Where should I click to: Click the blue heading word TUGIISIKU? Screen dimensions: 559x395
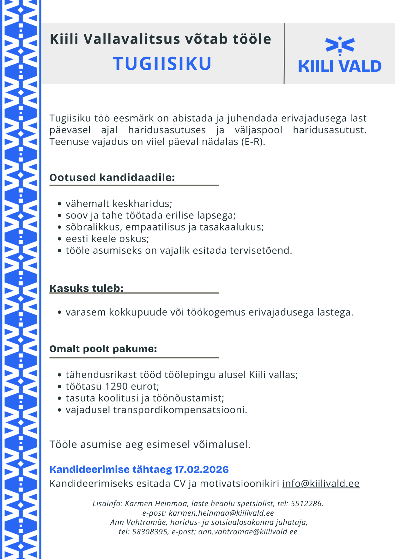tap(162, 64)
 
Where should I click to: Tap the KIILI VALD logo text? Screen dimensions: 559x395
tap(340, 66)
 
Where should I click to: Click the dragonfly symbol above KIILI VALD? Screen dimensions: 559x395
tap(340, 45)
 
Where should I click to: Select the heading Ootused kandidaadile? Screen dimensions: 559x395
tap(112, 177)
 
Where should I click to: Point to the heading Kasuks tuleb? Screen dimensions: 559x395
tap(86, 288)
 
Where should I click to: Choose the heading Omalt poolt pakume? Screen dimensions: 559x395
tap(103, 349)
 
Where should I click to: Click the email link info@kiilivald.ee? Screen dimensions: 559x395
tap(321, 483)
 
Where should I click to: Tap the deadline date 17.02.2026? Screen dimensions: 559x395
tap(202, 470)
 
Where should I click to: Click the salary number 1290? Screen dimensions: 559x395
tap(116, 386)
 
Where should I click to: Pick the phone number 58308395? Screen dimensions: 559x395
tap(150, 532)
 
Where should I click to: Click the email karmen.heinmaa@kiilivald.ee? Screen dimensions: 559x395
tap(221, 513)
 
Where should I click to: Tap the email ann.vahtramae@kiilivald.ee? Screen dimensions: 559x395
tap(248, 532)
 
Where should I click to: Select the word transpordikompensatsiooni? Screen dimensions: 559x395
tap(180, 410)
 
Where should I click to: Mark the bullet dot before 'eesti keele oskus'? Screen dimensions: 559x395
tap(59, 239)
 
